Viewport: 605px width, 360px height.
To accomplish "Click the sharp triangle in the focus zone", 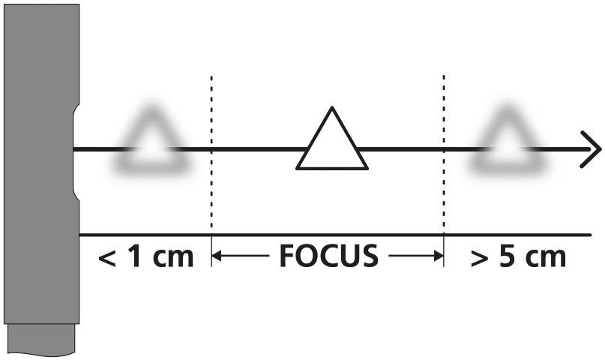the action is point(332,142).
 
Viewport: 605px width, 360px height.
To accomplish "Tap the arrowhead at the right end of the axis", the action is point(592,150).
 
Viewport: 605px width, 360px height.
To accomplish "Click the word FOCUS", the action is point(328,257).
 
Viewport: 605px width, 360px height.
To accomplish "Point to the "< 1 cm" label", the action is point(146,257).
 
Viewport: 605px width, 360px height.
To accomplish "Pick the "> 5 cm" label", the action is point(518,257).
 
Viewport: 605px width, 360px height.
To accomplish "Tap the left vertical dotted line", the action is point(211,150).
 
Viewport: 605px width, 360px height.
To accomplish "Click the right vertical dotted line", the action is point(444,150).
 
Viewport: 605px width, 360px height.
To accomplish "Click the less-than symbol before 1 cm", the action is point(108,258).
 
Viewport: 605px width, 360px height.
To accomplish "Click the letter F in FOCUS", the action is point(287,257).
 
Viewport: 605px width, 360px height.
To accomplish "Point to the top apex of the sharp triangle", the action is point(331,110).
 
